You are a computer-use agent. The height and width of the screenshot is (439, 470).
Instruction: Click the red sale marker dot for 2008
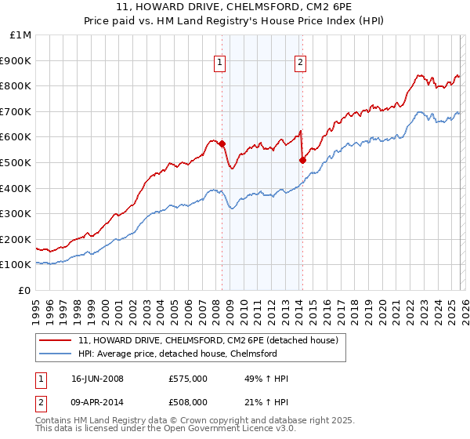(222, 143)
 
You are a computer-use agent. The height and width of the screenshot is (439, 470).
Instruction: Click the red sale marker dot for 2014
(302, 161)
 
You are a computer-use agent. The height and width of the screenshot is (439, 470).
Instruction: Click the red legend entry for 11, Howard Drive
(208, 340)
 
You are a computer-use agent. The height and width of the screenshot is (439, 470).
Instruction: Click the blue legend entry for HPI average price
(177, 354)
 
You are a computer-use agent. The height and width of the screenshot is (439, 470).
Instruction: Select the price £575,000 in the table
(188, 379)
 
